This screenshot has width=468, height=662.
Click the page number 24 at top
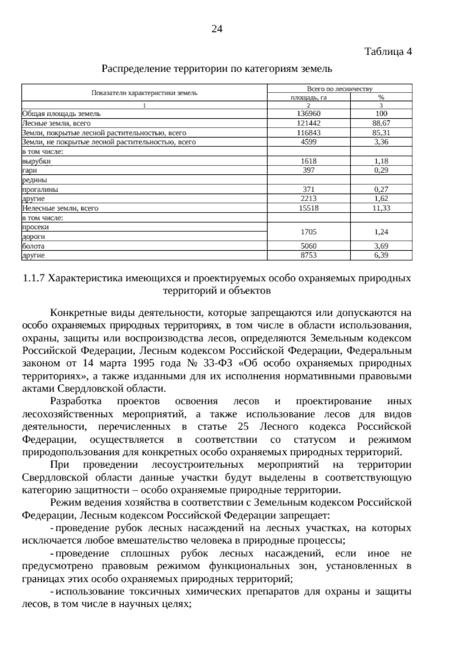pyautogui.click(x=217, y=29)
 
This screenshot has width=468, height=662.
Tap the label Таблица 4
pyautogui.click(x=388, y=52)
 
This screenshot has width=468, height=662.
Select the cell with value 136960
pyautogui.click(x=308, y=114)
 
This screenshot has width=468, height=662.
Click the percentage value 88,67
pyautogui.click(x=381, y=123)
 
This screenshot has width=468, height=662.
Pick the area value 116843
pyautogui.click(x=308, y=133)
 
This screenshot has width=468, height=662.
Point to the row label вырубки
pyautogui.click(x=36, y=161)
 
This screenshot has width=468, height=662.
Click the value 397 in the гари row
pyautogui.click(x=308, y=170)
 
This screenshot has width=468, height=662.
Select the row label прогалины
pyautogui.click(x=40, y=189)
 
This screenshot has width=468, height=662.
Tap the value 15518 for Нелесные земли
pyautogui.click(x=308, y=208)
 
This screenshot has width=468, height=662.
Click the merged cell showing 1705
pyautogui.click(x=308, y=232)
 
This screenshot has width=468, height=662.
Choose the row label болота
pyautogui.click(x=34, y=246)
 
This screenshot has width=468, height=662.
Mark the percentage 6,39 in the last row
pyautogui.click(x=381, y=255)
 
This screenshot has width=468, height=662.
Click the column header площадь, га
pyautogui.click(x=308, y=98)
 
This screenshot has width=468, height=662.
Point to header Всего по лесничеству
pyautogui.click(x=339, y=89)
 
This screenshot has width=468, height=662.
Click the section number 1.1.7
pyautogui.click(x=35, y=278)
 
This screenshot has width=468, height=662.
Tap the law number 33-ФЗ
pyautogui.click(x=218, y=363)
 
